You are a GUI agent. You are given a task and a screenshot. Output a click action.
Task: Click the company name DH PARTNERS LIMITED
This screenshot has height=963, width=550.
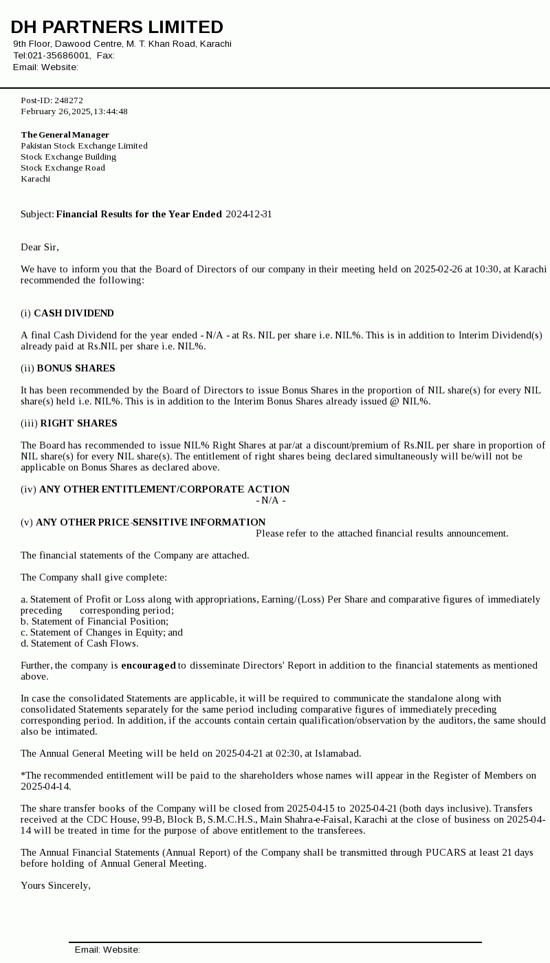click(117, 28)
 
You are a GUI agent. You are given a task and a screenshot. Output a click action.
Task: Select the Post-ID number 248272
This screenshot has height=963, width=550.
click(69, 100)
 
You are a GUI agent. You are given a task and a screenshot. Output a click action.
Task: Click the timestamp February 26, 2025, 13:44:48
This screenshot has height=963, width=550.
click(74, 111)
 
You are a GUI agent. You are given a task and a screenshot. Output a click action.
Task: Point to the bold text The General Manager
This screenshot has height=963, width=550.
click(65, 135)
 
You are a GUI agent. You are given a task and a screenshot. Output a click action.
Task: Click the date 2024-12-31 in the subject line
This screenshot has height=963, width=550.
click(249, 215)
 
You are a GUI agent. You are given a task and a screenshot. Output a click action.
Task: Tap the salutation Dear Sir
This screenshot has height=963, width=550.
click(40, 248)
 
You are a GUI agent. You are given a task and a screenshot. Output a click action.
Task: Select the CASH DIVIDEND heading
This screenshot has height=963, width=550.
click(74, 314)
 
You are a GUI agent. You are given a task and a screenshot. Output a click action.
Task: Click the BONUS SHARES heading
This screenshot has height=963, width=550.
click(76, 369)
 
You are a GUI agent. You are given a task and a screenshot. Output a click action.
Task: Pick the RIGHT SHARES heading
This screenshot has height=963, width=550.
click(78, 424)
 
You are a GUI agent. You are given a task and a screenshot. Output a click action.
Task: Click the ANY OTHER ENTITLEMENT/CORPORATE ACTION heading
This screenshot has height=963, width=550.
click(164, 490)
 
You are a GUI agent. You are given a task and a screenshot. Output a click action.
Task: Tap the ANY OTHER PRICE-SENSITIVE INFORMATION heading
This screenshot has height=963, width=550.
click(151, 523)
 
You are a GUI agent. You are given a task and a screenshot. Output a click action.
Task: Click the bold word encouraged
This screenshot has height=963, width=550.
click(148, 666)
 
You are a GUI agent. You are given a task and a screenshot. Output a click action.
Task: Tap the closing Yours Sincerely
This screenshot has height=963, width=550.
click(56, 886)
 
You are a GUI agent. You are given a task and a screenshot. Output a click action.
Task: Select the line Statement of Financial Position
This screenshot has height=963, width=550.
click(94, 622)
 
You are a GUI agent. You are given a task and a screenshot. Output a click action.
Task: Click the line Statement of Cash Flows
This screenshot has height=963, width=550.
click(80, 644)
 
